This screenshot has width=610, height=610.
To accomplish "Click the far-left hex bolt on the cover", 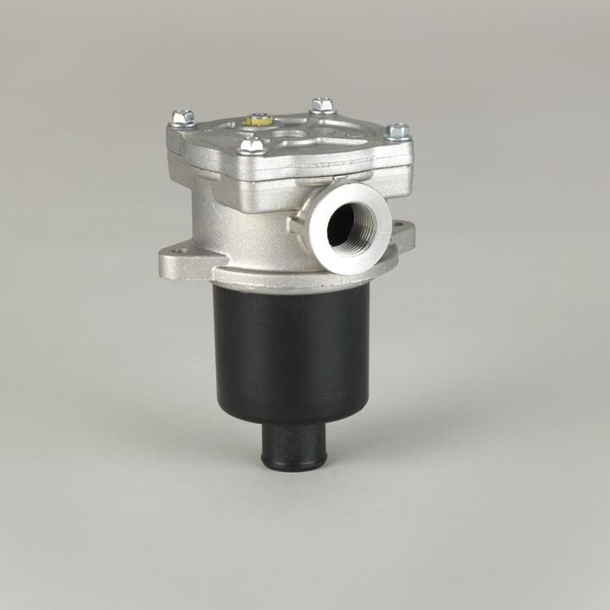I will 182,118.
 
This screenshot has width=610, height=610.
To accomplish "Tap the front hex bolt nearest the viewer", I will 250,146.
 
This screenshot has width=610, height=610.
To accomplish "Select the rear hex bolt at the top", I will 321,105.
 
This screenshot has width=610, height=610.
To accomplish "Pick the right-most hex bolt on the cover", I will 397,131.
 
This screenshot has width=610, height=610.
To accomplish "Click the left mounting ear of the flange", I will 178,258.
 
